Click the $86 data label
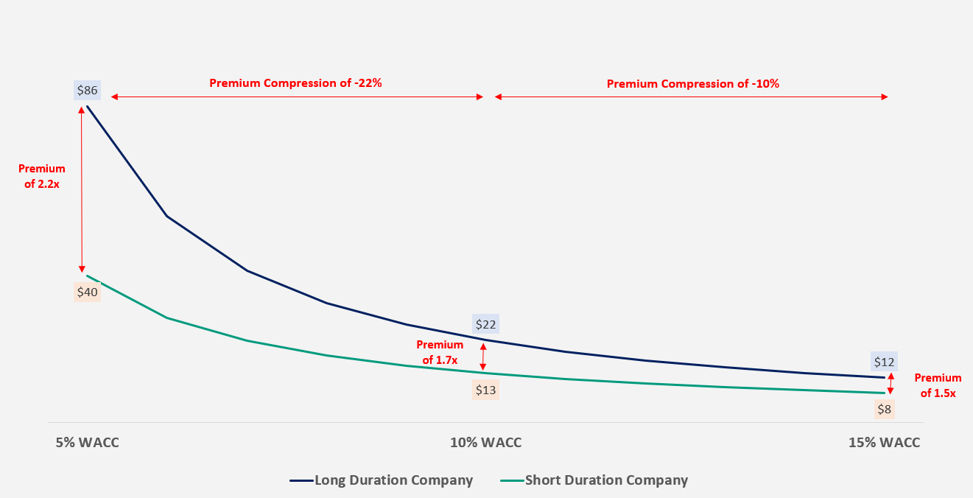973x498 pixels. click(87, 91)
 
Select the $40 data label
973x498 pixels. click(87, 292)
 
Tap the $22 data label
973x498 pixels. click(485, 324)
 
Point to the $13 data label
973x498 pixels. click(485, 390)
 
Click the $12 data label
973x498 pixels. click(884, 362)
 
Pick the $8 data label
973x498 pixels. click(884, 409)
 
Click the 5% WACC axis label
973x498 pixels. click(87, 443)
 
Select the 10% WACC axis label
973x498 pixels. click(485, 443)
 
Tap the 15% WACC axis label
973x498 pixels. click(884, 443)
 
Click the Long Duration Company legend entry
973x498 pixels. click(393, 480)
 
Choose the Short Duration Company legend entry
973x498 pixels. click(605, 480)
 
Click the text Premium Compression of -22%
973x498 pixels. click(295, 83)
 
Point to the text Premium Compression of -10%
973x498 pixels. click(692, 84)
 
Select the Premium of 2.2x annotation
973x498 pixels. click(41, 177)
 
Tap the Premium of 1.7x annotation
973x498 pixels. click(440, 352)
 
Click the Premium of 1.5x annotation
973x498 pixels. click(938, 385)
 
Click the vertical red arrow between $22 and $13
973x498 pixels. click(483, 357)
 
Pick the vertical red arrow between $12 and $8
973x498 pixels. click(891, 384)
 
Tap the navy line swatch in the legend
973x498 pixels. click(301, 480)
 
